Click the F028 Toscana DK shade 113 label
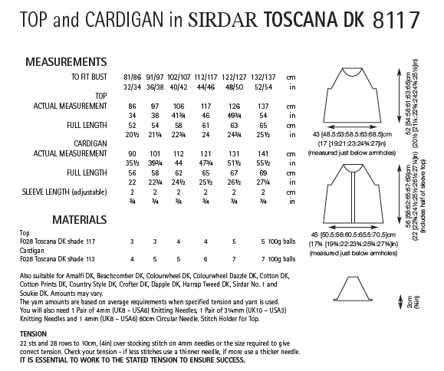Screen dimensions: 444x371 pos(64,261)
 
